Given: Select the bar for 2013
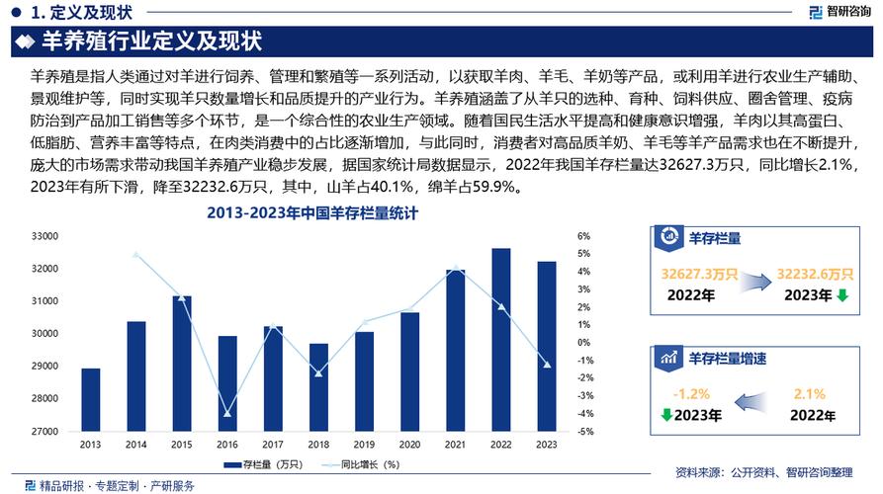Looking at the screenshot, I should pyautogui.click(x=91, y=399).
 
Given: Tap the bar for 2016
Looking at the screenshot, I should pyautogui.click(x=227, y=383).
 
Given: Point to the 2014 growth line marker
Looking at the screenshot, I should pyautogui.click(x=136, y=255).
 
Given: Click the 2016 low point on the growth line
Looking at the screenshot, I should pyautogui.click(x=227, y=414).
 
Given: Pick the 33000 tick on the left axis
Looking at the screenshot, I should pyautogui.click(x=45, y=236).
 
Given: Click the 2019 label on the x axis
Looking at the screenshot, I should pyautogui.click(x=364, y=444).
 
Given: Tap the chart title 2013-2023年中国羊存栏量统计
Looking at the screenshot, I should pyautogui.click(x=312, y=213).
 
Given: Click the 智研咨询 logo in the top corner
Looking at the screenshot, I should pyautogui.click(x=841, y=13).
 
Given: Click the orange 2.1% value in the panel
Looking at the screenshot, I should pyautogui.click(x=809, y=393).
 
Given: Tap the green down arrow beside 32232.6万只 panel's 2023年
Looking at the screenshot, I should pyautogui.click(x=841, y=294).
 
